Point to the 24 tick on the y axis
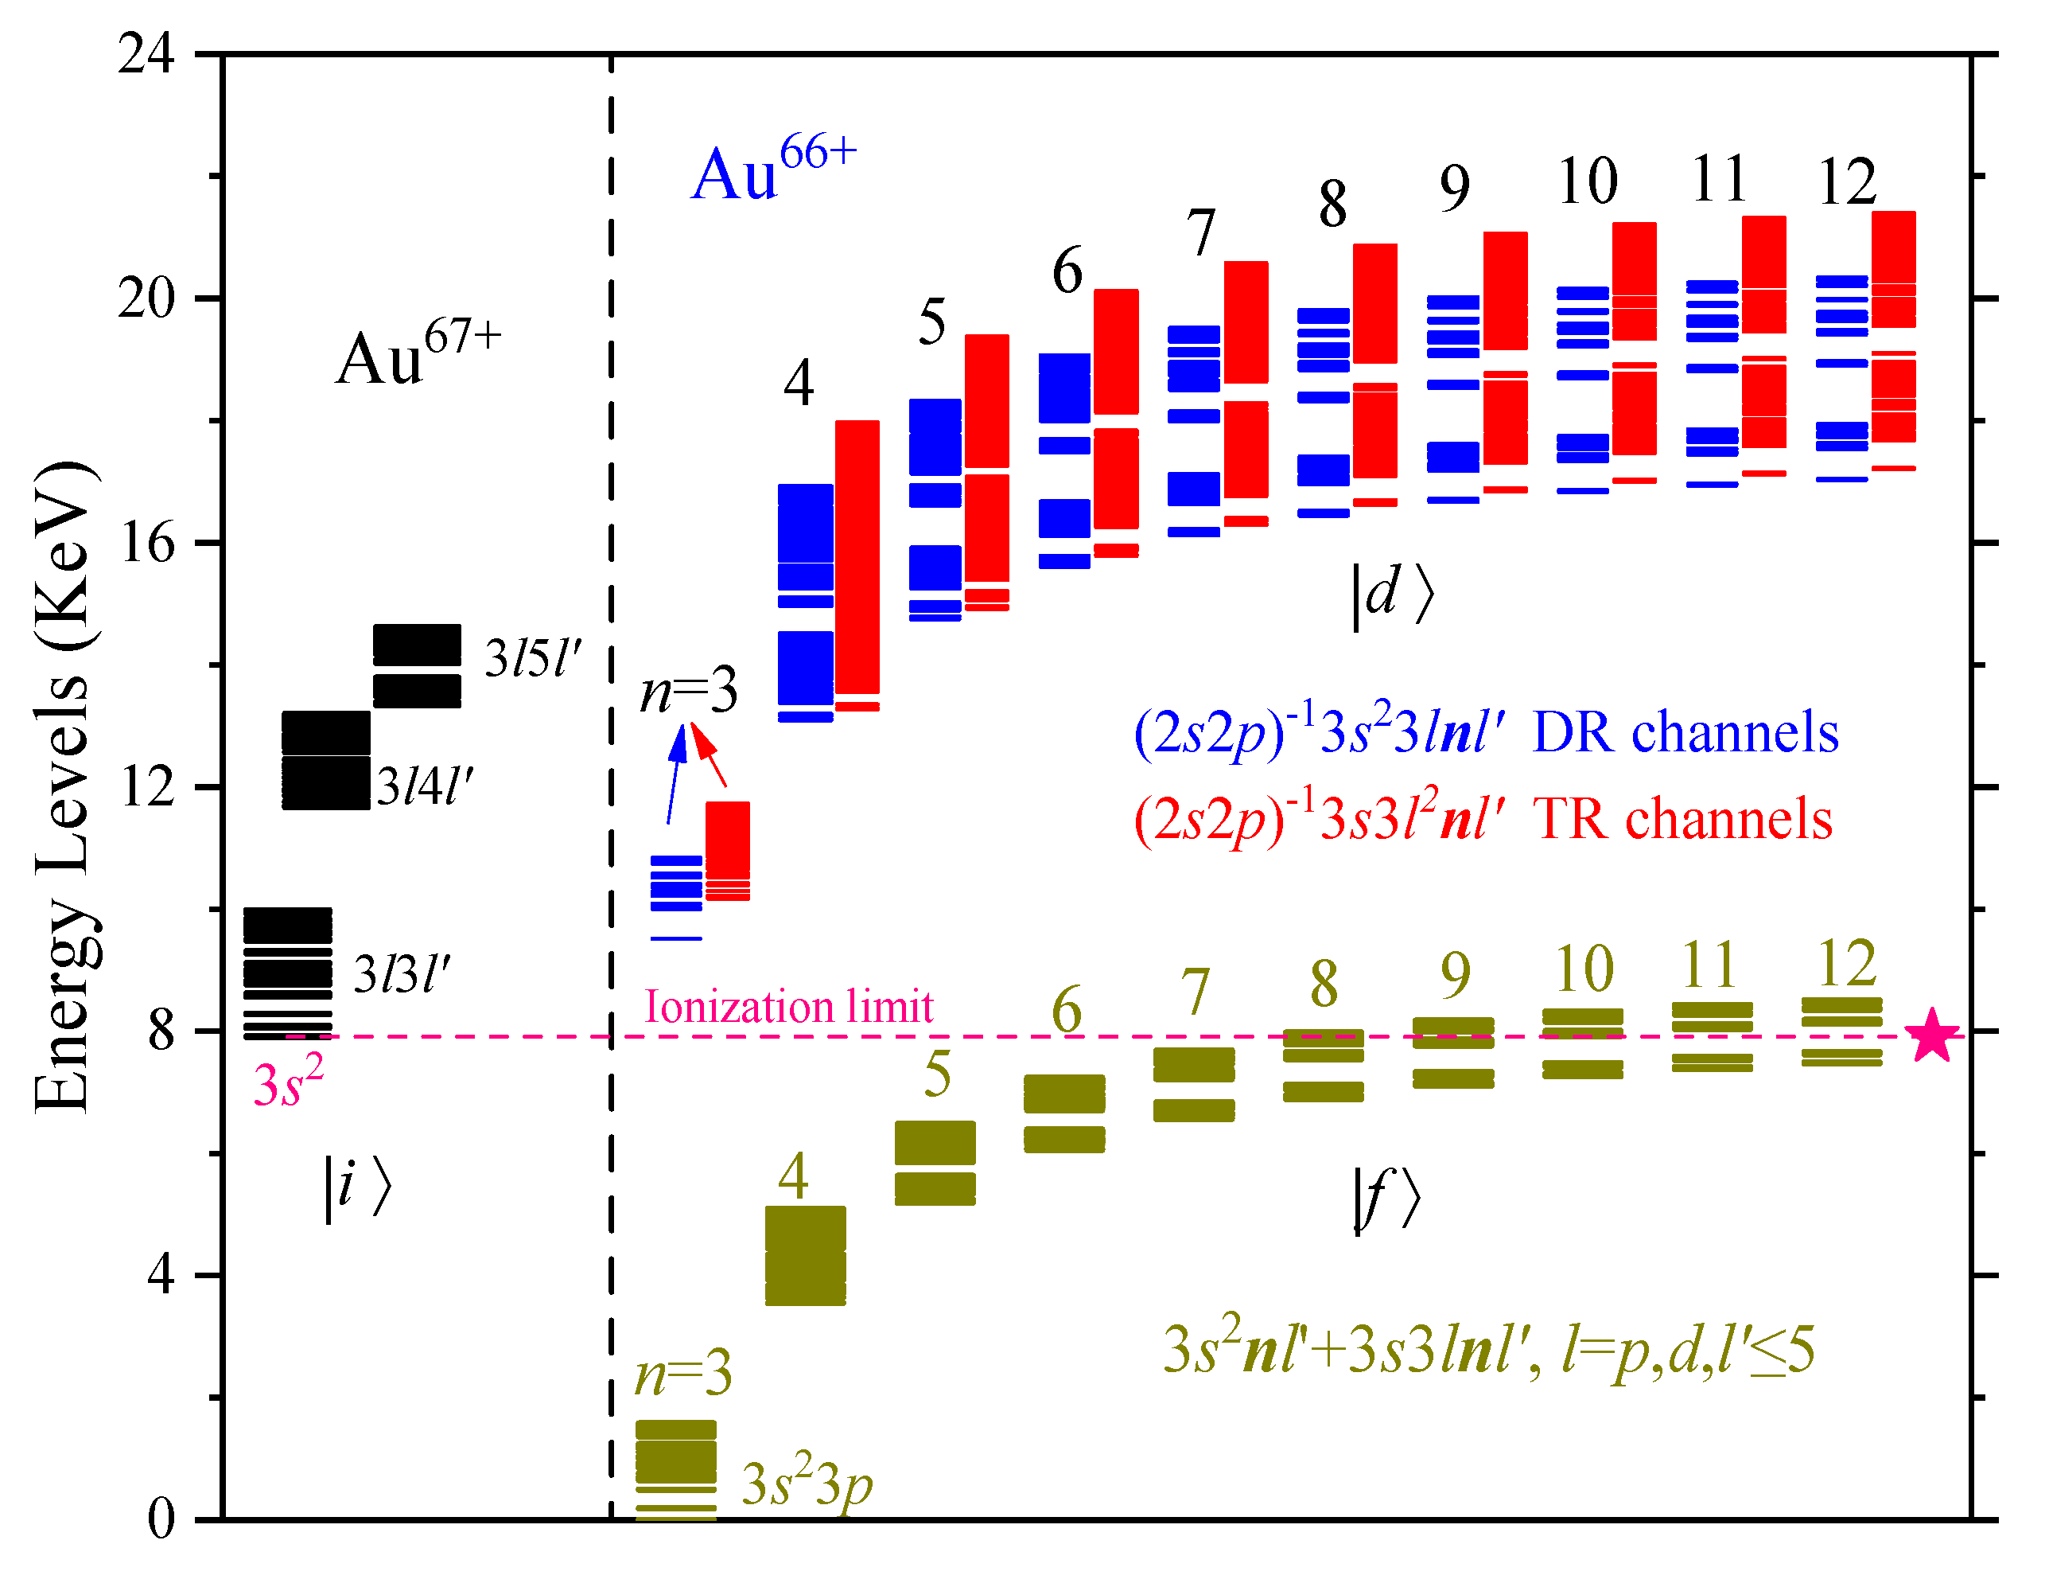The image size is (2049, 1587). pos(146,53)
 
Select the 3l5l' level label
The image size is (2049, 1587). pos(533,659)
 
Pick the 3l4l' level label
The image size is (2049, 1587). pos(425,786)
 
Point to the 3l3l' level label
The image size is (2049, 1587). pos(402,975)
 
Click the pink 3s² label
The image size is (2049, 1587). pos(288,1083)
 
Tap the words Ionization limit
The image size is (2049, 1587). pos(788,1007)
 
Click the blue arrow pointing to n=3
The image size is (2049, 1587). pos(674,774)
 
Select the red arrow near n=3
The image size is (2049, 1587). pos(710,755)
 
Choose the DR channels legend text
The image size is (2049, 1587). pos(1684,733)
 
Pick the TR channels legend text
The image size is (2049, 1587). pos(1682,818)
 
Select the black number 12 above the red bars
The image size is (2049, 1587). pos(1846,182)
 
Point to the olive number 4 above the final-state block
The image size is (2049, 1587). pos(793,1177)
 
